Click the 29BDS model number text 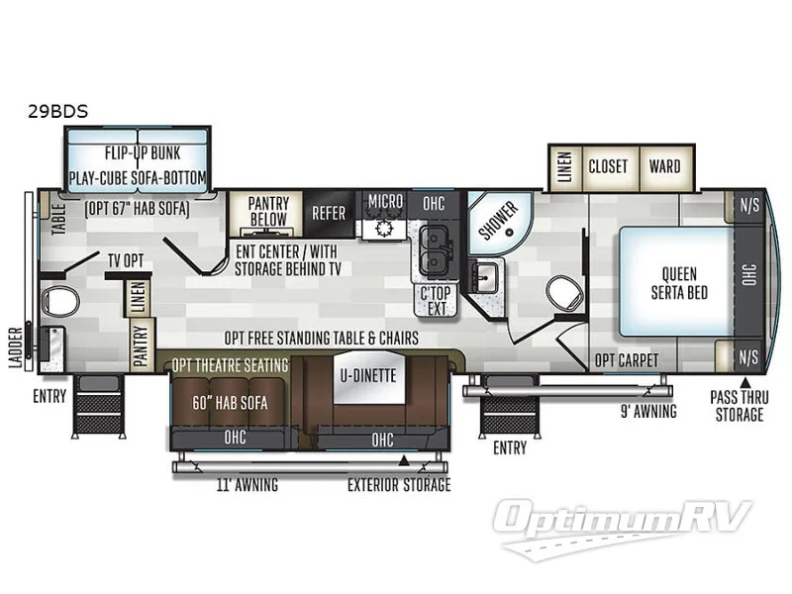coord(57,112)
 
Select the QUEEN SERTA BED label coord(679,283)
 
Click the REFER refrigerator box coord(329,212)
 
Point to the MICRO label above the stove coord(385,202)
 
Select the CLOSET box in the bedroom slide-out coord(608,166)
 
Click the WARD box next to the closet coord(664,166)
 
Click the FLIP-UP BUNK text coord(140,153)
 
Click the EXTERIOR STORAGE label coord(399,485)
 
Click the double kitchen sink coord(433,249)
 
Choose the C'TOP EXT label coord(436,299)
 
